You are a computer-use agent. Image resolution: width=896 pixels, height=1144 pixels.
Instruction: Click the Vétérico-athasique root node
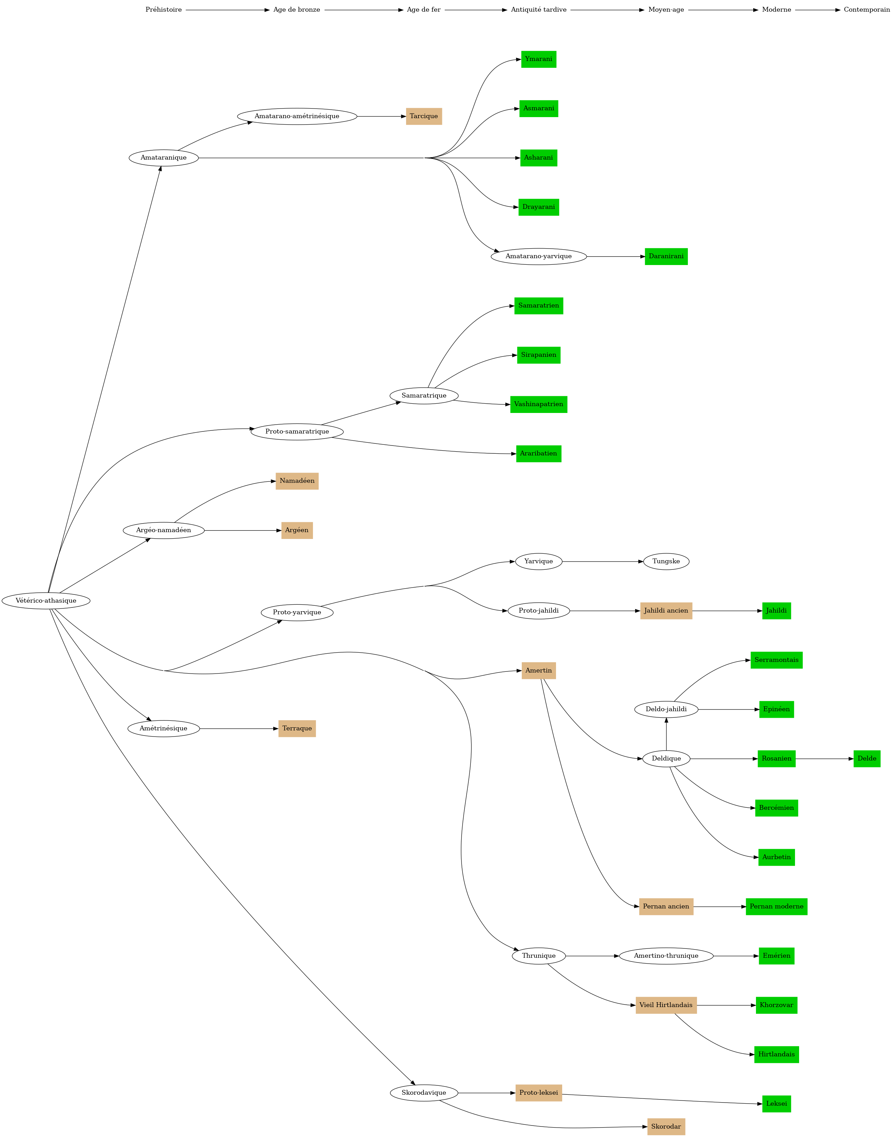coord(46,601)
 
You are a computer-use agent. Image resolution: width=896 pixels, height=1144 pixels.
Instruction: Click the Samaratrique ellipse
coord(424,395)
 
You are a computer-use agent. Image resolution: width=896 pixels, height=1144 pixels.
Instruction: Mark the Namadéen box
coord(297,481)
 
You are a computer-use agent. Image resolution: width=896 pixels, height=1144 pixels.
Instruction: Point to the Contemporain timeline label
coord(867,10)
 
